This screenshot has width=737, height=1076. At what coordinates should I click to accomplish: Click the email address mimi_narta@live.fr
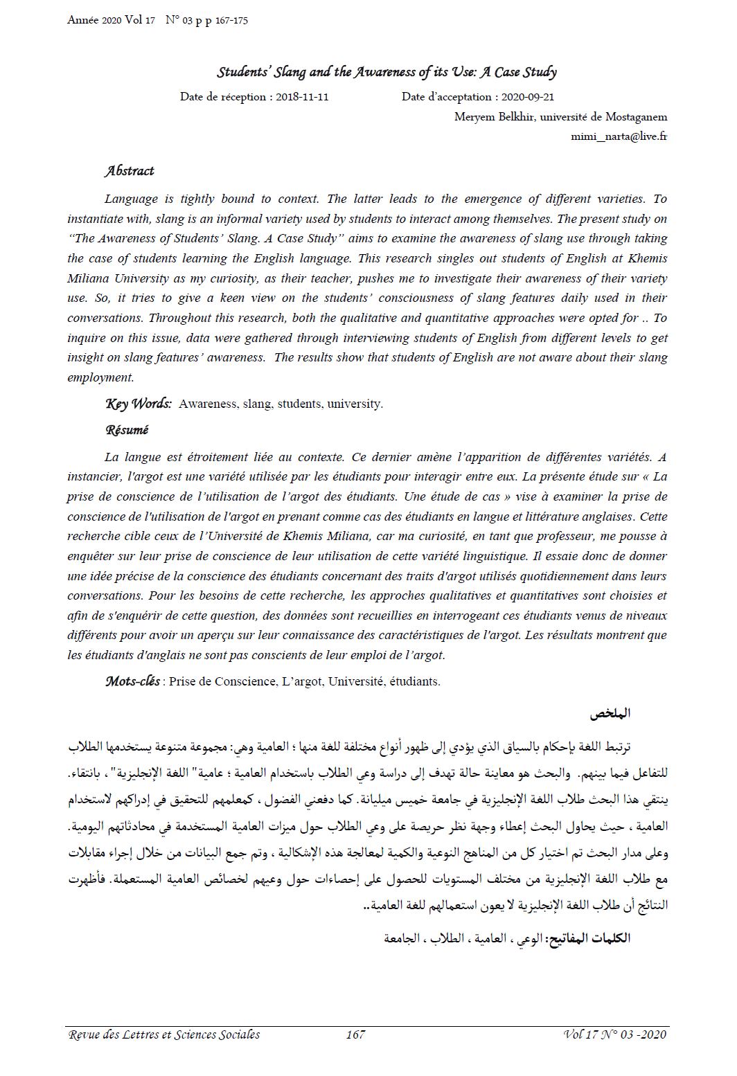pos(619,136)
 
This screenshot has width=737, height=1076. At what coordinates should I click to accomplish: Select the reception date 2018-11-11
pos(302,97)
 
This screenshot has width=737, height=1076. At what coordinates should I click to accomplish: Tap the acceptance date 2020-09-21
pos(528,97)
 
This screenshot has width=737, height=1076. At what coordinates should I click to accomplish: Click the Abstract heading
pos(130,171)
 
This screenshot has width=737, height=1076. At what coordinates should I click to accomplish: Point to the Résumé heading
pos(127,430)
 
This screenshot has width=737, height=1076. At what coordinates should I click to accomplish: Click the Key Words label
pos(139,404)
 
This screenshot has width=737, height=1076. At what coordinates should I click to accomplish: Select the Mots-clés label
pos(132,681)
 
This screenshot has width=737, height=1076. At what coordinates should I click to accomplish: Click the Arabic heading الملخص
pos(610,713)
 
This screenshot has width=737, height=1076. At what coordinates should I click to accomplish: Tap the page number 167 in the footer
pos(355,1034)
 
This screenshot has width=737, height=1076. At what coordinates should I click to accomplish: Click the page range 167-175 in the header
pos(231,21)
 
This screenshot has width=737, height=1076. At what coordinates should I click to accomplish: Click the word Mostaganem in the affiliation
pos(636,117)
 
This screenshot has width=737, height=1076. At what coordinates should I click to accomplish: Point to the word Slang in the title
pos(290,72)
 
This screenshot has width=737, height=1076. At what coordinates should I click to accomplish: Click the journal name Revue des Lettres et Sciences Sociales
pos(164,1034)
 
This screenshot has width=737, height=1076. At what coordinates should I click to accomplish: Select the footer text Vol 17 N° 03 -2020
pos(615,1034)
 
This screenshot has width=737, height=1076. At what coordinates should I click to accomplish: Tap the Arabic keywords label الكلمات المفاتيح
pos(589,938)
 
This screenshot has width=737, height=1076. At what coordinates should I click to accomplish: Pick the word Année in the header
pos(82,20)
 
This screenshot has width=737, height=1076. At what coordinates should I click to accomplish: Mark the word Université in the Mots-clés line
pos(356,681)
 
